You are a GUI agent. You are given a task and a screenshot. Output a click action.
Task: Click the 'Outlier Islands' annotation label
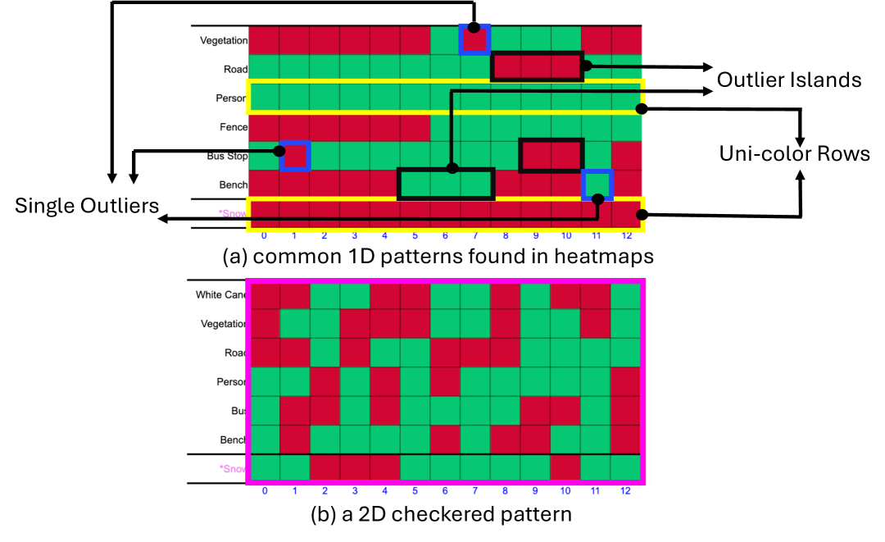coord(789,80)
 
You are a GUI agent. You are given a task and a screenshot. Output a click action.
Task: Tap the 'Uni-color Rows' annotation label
coord(794,153)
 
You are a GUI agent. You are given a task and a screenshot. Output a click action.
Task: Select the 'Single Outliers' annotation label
coord(87,206)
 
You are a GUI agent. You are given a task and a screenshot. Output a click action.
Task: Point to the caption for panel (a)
coord(438,257)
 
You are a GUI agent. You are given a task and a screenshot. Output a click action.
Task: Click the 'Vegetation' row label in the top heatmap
coord(224,39)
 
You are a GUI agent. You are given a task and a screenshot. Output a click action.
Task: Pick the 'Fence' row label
coord(233,127)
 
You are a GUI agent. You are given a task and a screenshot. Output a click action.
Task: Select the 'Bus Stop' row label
coord(226,156)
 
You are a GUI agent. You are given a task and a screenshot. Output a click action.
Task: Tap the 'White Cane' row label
coord(221,295)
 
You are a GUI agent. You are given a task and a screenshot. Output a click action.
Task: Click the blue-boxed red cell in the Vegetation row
coord(474,39)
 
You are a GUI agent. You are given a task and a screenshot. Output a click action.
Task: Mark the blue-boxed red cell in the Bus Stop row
coord(295,156)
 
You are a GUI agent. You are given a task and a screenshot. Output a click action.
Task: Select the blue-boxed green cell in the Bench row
coord(597,184)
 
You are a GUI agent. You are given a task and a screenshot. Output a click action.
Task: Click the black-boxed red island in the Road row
coord(537,66)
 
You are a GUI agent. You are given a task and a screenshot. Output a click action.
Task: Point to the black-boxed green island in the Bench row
coord(447,184)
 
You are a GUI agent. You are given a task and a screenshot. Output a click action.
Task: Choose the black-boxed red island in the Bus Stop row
coord(551,155)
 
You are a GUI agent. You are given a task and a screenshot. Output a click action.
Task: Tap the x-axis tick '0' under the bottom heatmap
coord(264,490)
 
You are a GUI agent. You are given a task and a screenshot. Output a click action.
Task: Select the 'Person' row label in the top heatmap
coord(231,98)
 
